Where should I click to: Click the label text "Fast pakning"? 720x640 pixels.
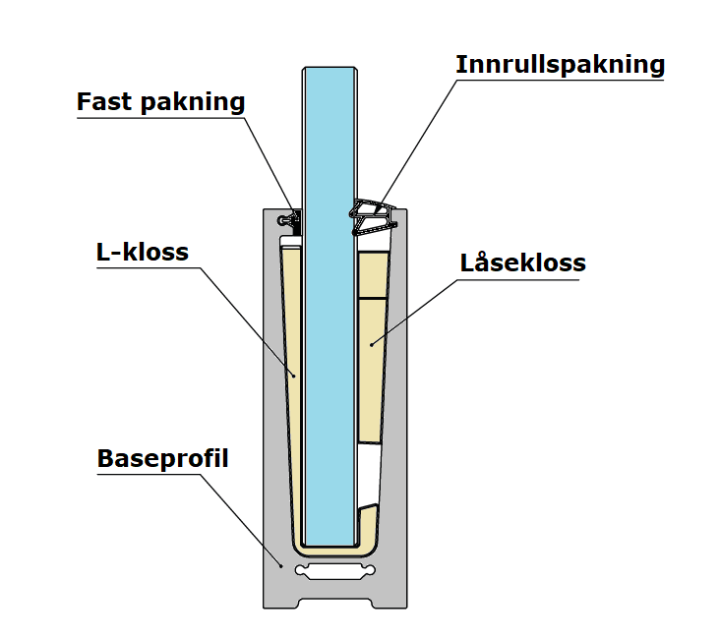[x=160, y=102]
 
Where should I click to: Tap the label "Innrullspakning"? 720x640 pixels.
[x=560, y=65]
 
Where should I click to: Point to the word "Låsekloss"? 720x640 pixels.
[x=522, y=263]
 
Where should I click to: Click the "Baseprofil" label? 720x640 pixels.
[x=162, y=459]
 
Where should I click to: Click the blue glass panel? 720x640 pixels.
[x=329, y=295]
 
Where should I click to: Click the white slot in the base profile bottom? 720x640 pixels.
[x=335, y=572]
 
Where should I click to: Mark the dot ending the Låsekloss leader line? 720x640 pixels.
[x=371, y=343]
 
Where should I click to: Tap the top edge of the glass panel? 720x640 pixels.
[x=329, y=68]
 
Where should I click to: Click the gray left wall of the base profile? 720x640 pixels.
[x=271, y=393]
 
